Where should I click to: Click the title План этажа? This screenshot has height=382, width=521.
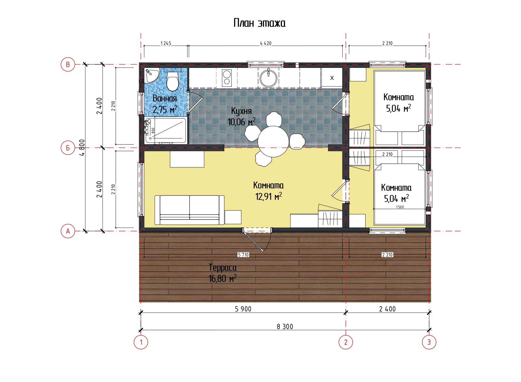click(x=259, y=23)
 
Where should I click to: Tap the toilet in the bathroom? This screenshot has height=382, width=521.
click(x=173, y=80)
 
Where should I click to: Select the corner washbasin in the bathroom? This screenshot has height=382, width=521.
click(x=152, y=75)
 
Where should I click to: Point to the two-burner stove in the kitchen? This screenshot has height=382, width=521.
click(x=226, y=77)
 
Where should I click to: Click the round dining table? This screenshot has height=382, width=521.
click(x=273, y=141)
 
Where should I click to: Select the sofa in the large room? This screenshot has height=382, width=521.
click(x=190, y=210)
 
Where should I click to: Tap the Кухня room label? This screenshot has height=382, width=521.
click(x=241, y=111)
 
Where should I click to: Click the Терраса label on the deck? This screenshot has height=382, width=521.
click(x=223, y=268)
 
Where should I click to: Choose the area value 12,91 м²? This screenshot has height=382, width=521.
click(x=268, y=196)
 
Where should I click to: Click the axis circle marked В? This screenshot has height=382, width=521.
click(x=68, y=64)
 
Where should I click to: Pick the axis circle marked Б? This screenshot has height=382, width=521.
click(x=68, y=148)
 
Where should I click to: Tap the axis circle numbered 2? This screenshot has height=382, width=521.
click(x=346, y=342)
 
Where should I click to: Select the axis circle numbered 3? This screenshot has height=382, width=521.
click(x=429, y=342)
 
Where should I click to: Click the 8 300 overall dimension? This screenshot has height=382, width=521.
click(x=285, y=327)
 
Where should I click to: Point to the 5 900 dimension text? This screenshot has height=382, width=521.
click(x=243, y=309)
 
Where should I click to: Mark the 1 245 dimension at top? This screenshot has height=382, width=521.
click(x=166, y=43)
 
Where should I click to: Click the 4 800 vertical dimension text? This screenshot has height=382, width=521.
click(x=82, y=148)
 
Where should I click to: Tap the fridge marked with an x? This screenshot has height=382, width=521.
click(x=332, y=78)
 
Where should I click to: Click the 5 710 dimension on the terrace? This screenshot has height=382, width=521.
click(x=243, y=255)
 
